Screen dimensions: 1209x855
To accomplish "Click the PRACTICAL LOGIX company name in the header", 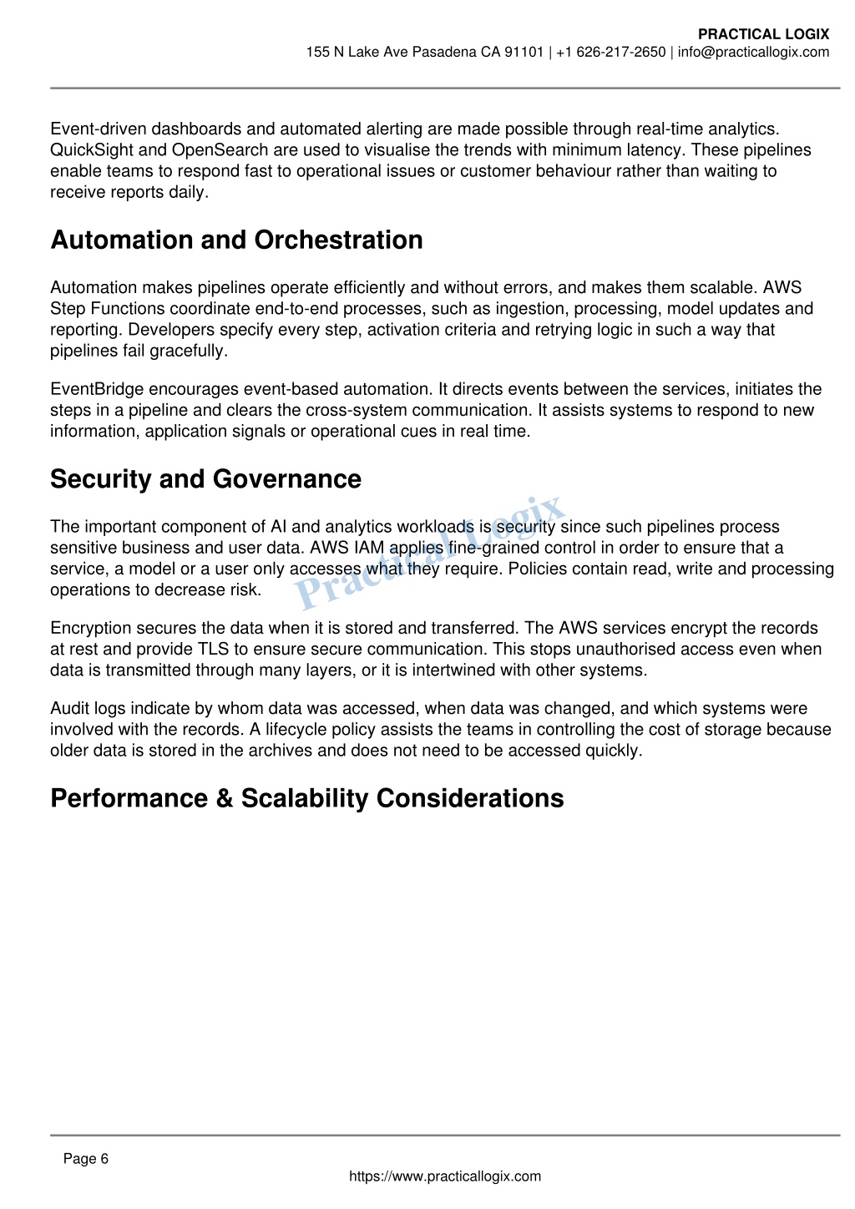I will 763,34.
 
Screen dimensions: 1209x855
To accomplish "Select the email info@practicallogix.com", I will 753,53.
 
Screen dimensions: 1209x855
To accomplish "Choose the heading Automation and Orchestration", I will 236,240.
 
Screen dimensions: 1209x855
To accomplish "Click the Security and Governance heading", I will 205,479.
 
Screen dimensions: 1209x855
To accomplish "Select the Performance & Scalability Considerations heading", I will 306,798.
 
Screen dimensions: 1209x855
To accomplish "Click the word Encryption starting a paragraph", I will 91,628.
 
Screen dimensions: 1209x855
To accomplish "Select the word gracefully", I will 188,351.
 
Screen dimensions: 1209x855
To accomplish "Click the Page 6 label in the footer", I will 86,1159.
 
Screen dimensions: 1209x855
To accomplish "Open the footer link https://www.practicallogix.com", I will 444,1176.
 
